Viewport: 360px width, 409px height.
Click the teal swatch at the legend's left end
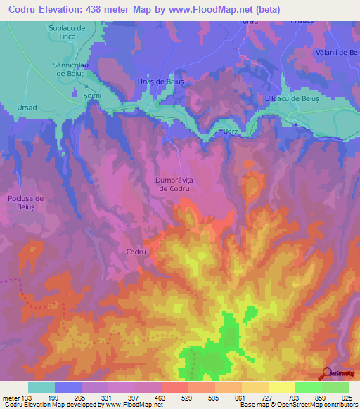[x=41, y=387]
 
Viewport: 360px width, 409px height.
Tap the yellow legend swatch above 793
[x=281, y=387]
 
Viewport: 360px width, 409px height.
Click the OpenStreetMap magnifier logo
[x=326, y=372]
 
